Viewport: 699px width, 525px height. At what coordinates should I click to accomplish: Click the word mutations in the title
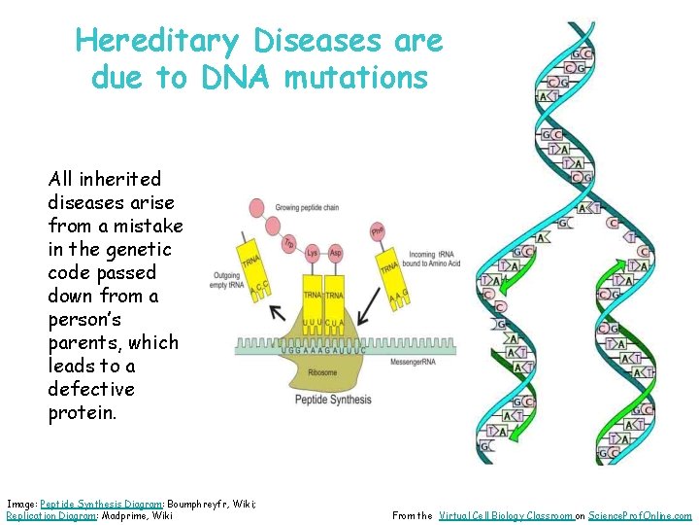[355, 78]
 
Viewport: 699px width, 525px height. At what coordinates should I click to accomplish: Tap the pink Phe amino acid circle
[378, 231]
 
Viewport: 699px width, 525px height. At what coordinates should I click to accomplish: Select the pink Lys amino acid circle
[313, 253]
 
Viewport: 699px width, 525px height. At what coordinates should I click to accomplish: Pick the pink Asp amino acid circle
[336, 253]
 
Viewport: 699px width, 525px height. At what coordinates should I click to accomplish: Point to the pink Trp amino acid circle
[289, 244]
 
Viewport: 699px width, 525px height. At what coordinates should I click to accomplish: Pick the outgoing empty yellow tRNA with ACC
[253, 267]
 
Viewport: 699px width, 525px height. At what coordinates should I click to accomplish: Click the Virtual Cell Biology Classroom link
[505, 516]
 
